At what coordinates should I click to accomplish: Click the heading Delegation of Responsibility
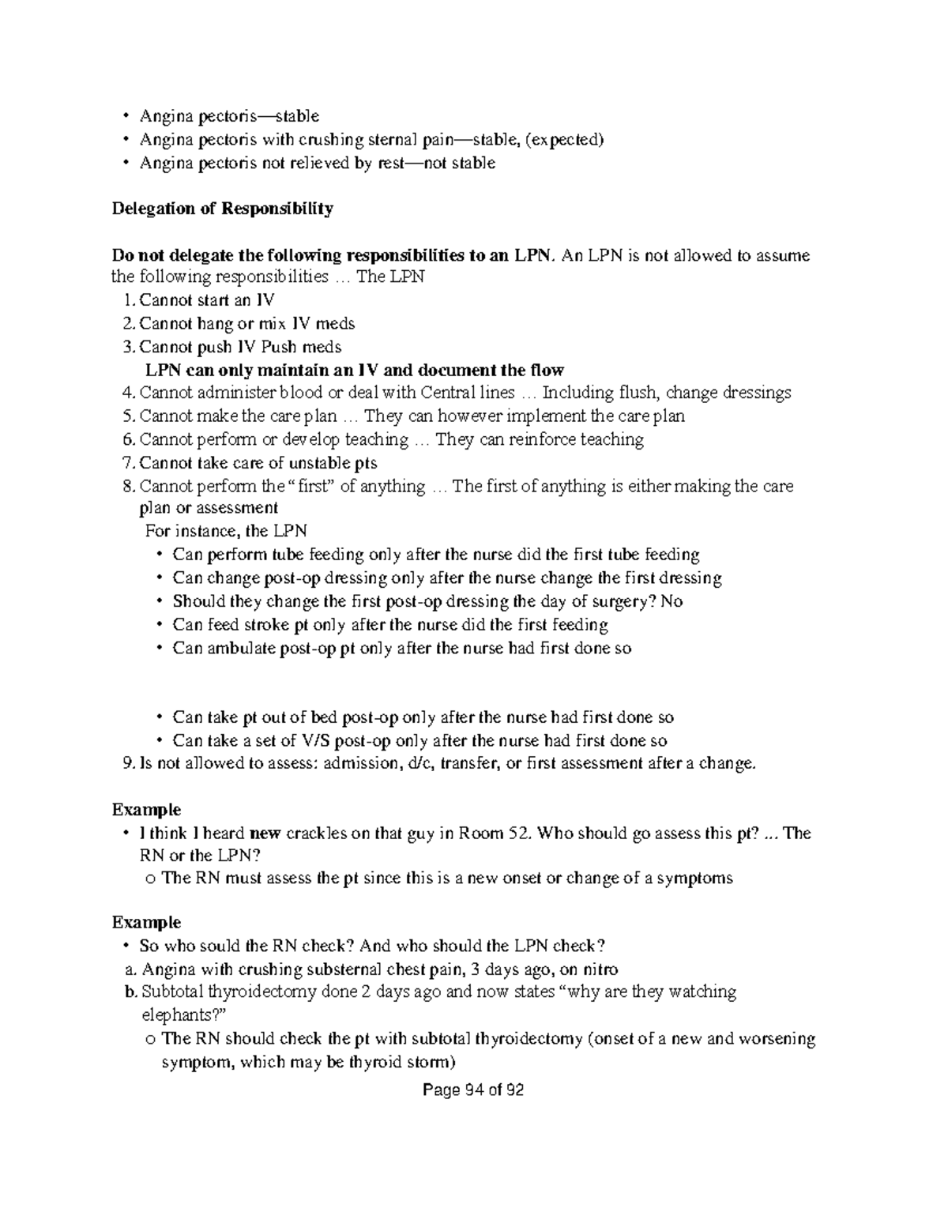(222, 209)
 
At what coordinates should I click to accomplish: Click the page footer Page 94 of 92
(473, 1090)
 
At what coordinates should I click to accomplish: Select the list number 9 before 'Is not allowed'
(129, 763)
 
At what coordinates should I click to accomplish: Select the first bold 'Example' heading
(146, 810)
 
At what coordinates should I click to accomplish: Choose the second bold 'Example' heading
(146, 922)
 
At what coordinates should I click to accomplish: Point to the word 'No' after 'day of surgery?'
(671, 601)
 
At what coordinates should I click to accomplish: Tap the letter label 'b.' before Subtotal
(130, 992)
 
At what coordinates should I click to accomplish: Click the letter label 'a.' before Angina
(130, 969)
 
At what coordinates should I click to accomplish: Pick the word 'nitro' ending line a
(599, 969)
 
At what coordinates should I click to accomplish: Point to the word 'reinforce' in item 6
(527, 439)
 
